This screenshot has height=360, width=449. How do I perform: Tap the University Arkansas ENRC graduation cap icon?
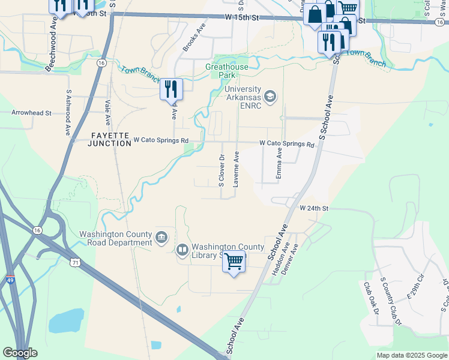(270, 97)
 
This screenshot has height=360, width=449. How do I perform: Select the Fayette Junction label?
(109, 139)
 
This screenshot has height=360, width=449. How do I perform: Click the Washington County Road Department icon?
(161, 238)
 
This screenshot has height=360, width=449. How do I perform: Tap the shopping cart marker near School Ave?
(234, 262)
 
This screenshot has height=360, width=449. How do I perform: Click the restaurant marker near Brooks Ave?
(171, 89)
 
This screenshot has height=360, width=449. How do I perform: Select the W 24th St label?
(315, 208)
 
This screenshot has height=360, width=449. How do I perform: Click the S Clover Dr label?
(221, 170)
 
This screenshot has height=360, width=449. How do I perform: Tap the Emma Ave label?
(279, 163)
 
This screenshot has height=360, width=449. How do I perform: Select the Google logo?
(20, 353)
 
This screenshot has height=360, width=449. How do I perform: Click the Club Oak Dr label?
(371, 299)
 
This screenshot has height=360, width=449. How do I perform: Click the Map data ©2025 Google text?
(411, 355)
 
